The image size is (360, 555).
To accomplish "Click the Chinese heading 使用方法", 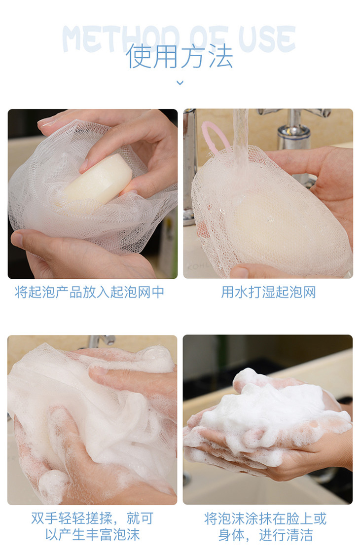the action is coord(180,56).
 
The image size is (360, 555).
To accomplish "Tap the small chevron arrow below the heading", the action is coord(180,83).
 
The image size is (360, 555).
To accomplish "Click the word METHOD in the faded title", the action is coord(120,39).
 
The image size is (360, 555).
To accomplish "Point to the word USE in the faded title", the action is coord(267,39).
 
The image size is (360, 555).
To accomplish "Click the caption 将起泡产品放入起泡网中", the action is coord(90,292).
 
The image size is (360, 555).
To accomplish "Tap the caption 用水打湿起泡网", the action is coord(268,292).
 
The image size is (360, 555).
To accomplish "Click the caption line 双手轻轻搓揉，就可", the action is coord(92,518).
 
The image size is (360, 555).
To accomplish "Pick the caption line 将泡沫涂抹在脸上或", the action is coord(265,518).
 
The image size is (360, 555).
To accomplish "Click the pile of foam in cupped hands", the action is coord(269,410).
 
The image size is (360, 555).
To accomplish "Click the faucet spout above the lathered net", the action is coord(102,341).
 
